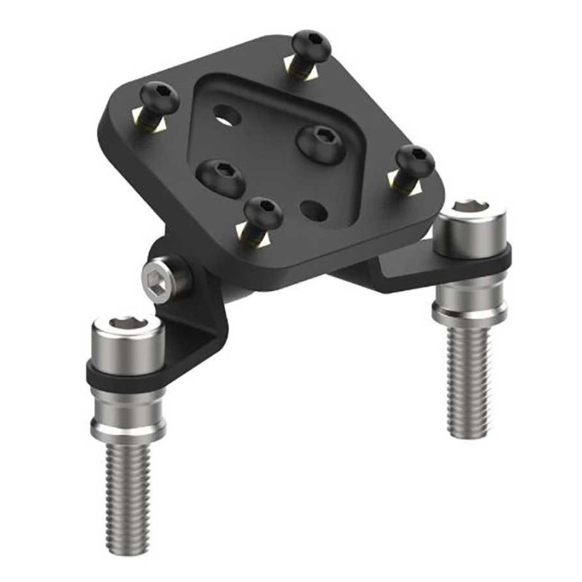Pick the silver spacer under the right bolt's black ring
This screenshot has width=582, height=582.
470,298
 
